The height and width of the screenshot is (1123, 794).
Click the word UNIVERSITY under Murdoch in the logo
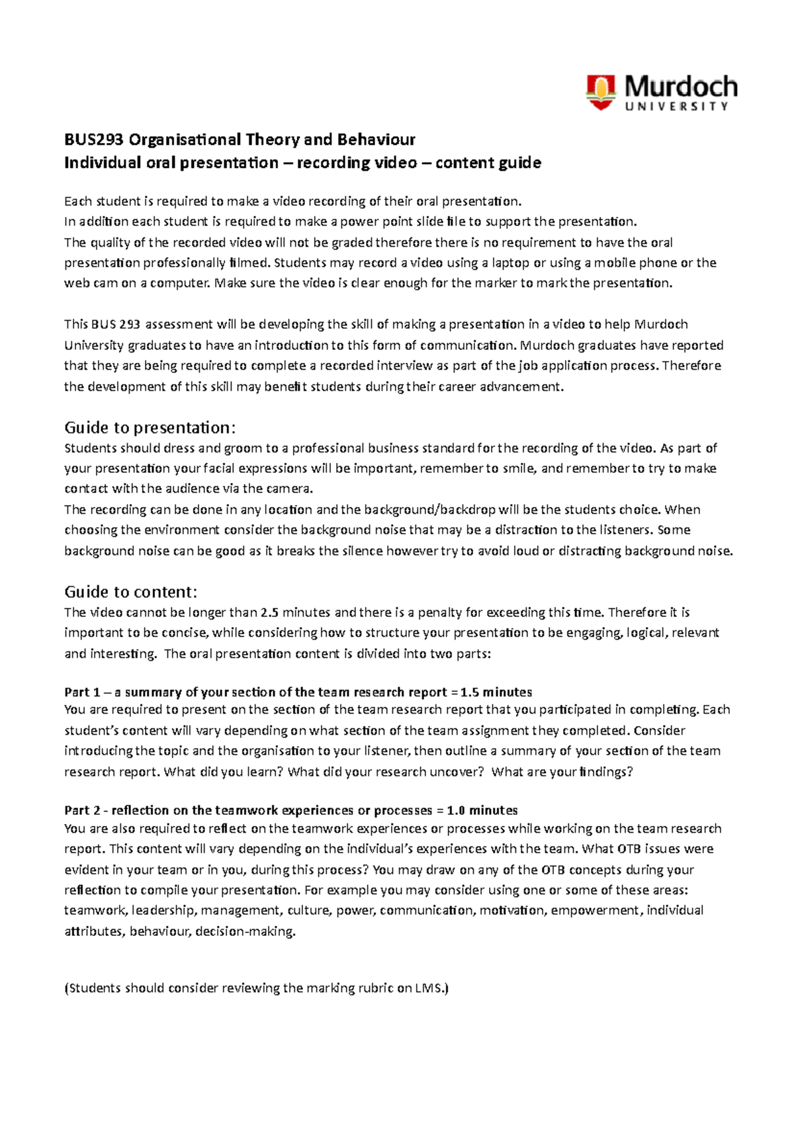coord(676,106)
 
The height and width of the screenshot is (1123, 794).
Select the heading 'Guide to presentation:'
coord(150,427)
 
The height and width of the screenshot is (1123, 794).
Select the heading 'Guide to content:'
coord(131,591)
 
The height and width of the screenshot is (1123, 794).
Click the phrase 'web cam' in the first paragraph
coord(91,283)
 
